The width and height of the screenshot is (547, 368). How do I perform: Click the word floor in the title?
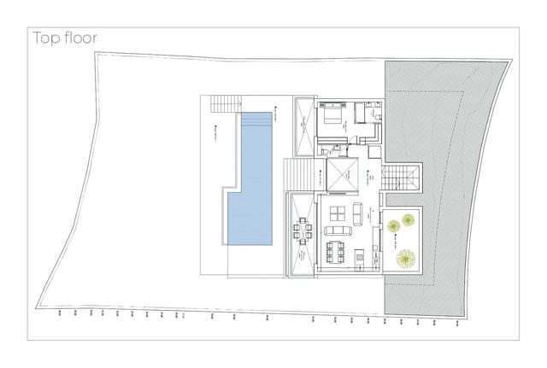[79, 38]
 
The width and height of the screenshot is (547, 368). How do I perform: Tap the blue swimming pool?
[250, 179]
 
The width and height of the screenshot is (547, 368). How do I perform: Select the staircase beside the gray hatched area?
[399, 180]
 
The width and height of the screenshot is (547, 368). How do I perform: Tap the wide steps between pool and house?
[300, 175]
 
